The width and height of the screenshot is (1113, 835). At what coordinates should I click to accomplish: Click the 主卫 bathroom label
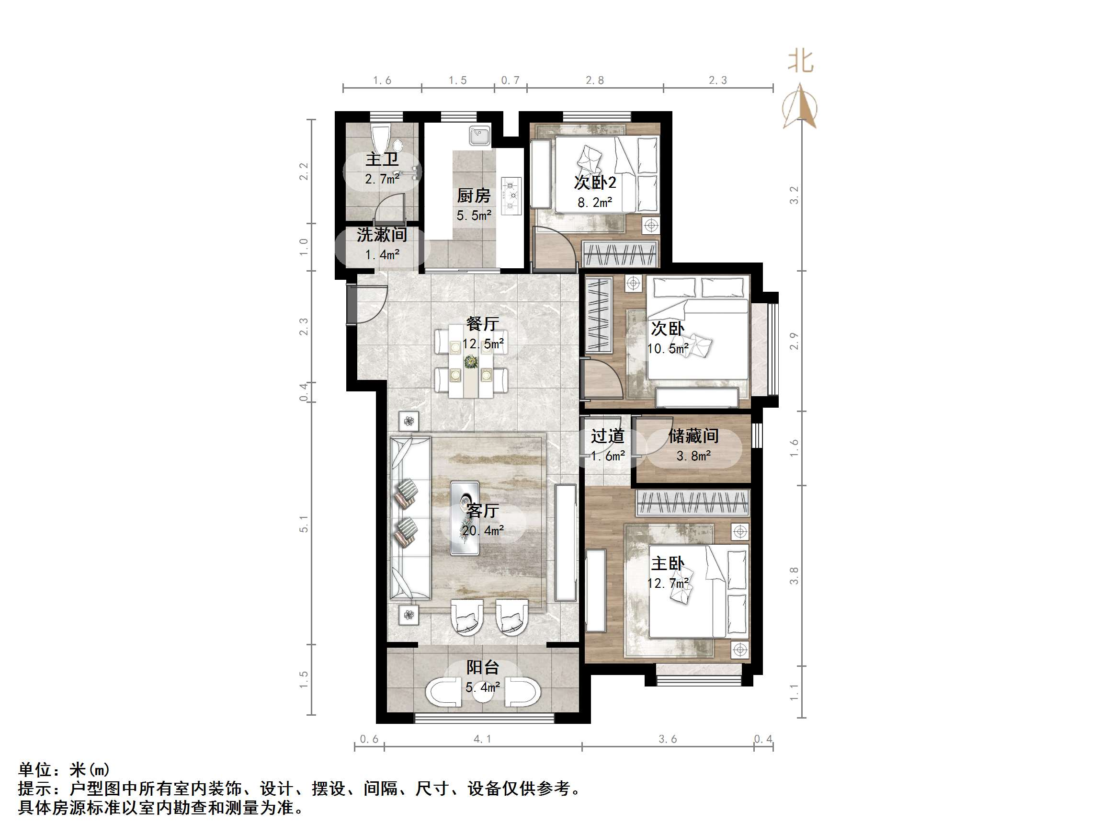tap(382, 160)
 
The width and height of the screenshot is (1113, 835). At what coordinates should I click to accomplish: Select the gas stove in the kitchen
tap(511, 195)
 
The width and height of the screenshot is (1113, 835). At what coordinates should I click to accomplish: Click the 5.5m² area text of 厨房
tap(474, 216)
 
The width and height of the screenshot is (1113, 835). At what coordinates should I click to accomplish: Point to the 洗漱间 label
tap(382, 235)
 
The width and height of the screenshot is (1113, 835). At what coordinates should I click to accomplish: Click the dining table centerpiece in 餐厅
tap(471, 361)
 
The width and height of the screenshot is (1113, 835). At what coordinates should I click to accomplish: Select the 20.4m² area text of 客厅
tap(483, 530)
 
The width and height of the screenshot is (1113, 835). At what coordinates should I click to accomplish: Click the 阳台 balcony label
tap(483, 667)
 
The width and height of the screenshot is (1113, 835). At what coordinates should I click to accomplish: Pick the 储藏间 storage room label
tap(693, 436)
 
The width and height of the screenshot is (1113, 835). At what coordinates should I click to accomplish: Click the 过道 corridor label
tap(607, 436)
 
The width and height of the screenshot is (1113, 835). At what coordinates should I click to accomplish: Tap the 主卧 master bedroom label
tap(668, 563)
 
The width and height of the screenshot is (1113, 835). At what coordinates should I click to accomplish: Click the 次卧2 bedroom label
tap(595, 182)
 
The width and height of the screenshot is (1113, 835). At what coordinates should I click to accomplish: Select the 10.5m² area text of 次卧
tap(668, 348)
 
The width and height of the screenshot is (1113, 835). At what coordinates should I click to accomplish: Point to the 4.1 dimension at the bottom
tap(483, 739)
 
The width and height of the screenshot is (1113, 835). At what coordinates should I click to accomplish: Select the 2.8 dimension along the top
tap(594, 80)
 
